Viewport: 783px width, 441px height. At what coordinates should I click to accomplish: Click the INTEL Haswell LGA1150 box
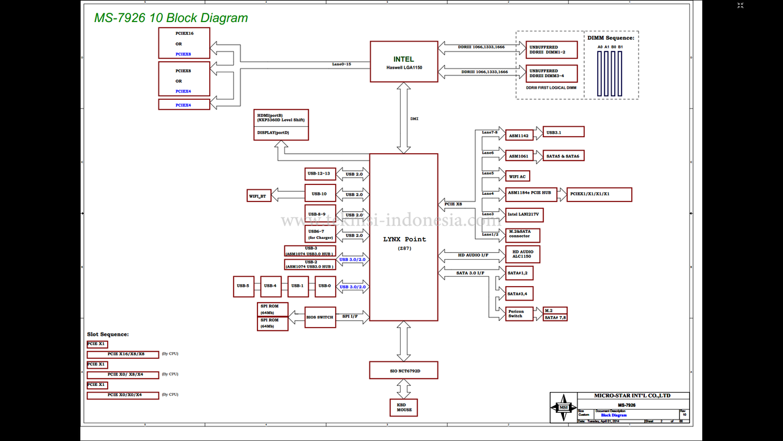(x=404, y=61)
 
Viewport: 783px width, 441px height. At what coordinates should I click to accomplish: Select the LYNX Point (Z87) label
(x=404, y=239)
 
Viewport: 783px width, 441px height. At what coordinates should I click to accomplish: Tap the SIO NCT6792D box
(x=403, y=370)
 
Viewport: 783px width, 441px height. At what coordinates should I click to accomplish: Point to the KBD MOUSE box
(x=404, y=407)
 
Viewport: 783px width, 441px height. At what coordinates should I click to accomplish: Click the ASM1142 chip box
(x=519, y=135)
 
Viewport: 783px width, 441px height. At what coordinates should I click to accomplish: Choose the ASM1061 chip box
(x=519, y=156)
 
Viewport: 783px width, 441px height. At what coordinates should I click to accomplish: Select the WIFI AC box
(x=517, y=176)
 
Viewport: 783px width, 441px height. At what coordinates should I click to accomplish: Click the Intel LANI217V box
(x=524, y=214)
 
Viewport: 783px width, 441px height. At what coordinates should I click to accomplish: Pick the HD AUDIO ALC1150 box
(x=522, y=254)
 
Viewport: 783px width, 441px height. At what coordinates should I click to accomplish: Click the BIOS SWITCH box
(x=321, y=317)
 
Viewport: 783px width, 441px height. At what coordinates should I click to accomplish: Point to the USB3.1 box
(x=563, y=132)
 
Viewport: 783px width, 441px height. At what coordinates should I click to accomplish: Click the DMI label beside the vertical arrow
(x=414, y=119)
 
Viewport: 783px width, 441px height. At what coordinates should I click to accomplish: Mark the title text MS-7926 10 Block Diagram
(x=171, y=18)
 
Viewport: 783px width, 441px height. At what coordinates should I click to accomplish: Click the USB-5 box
(x=243, y=286)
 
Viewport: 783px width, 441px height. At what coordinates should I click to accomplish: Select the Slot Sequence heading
(x=108, y=334)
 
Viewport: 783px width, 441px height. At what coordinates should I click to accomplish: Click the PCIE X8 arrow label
(x=453, y=203)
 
